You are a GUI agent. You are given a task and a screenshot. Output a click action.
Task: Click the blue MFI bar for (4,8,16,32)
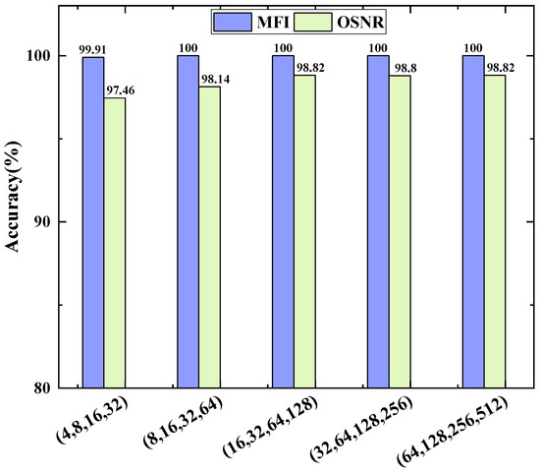(x=93, y=222)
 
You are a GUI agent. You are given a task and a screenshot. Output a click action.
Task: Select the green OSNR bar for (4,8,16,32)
(x=115, y=242)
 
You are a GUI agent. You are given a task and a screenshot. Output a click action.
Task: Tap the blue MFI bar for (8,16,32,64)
(x=188, y=221)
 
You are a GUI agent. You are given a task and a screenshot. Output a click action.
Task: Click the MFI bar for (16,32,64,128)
(x=283, y=221)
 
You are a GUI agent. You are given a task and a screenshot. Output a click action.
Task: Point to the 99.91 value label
(x=93, y=49)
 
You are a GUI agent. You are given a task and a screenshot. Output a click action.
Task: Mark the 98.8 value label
(x=401, y=68)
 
